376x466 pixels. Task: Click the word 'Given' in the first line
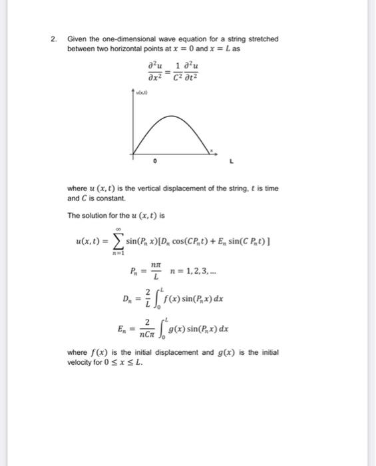point(78,39)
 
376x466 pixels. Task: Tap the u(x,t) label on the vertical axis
point(142,96)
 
